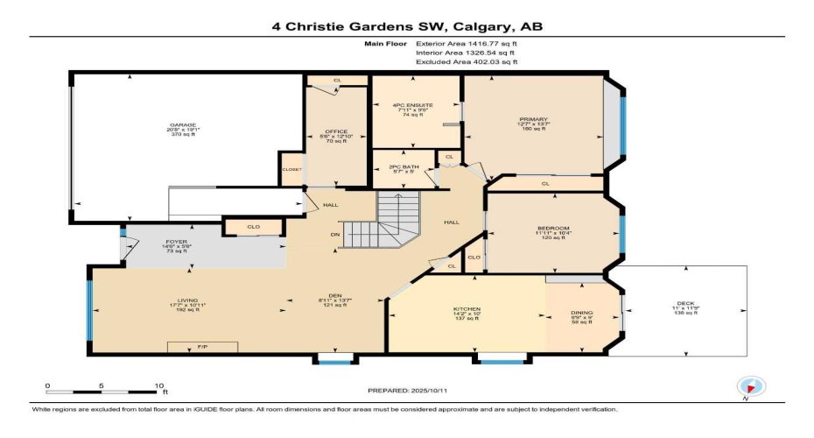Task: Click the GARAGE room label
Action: tap(183, 125)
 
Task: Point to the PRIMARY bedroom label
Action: tap(533, 119)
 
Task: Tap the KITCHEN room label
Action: tap(467, 309)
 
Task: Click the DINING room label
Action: tap(581, 313)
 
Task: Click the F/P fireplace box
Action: tap(202, 348)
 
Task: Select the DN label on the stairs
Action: tap(333, 234)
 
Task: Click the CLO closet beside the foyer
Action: tap(253, 227)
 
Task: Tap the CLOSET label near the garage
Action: tap(291, 169)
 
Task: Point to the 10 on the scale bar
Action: tap(158, 385)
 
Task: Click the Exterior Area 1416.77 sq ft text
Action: tap(467, 42)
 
